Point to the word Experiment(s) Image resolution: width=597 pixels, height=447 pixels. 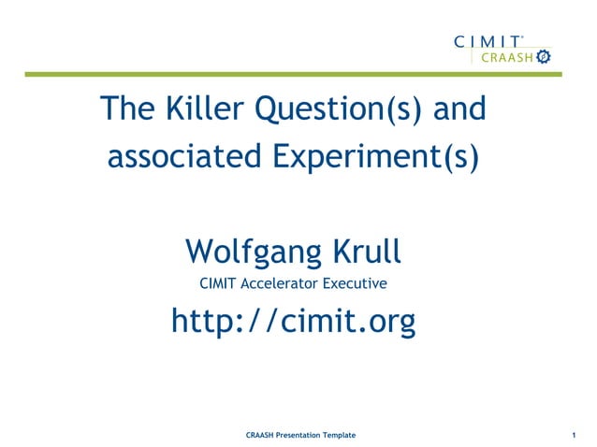point(376,156)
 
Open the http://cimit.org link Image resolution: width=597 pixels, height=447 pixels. point(293,321)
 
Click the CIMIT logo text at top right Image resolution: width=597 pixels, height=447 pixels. point(488,41)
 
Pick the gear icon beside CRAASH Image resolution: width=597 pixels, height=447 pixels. point(542,58)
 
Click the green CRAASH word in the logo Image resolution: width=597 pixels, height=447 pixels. point(504,58)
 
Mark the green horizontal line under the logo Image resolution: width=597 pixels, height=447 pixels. point(281,74)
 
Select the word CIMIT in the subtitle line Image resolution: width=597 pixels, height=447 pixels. point(219,282)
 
